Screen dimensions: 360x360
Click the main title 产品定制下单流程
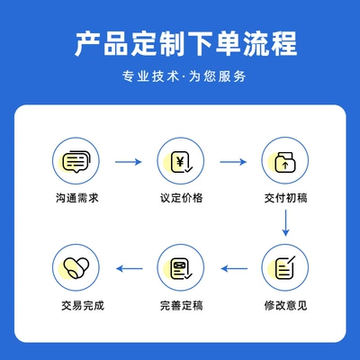[x=186, y=43]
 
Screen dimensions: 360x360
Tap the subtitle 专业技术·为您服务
[x=184, y=76]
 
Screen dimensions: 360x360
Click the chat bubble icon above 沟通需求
[x=76, y=161]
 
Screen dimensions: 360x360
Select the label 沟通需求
[x=77, y=198]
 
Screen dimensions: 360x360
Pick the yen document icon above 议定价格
[x=181, y=162]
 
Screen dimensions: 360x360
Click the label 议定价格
[x=182, y=198]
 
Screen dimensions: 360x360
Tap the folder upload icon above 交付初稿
[x=285, y=162]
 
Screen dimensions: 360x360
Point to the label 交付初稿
[x=285, y=198]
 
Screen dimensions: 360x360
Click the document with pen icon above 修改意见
[x=285, y=267]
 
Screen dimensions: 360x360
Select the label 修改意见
[x=285, y=306]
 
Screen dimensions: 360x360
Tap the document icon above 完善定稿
[x=181, y=268]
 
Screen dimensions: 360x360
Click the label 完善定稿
[x=182, y=306]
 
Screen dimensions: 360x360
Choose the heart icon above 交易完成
[x=76, y=268]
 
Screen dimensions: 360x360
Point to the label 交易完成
[x=83, y=306]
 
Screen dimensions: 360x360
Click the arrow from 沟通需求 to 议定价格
[x=129, y=162]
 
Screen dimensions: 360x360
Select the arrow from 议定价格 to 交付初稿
[x=233, y=162]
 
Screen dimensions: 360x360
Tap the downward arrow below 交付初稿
[x=285, y=223]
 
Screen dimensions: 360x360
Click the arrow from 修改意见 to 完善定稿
[x=234, y=268]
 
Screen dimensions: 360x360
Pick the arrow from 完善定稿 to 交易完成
[x=130, y=268]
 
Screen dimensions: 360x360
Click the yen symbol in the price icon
[x=180, y=162]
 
